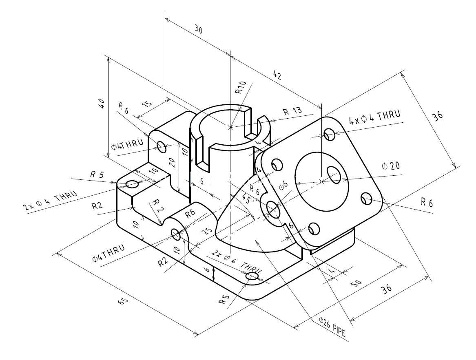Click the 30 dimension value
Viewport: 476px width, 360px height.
coord(198,30)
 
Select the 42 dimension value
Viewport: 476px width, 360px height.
coord(277,75)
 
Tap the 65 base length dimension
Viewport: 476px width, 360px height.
coord(123,301)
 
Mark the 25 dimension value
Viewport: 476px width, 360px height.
coord(207,231)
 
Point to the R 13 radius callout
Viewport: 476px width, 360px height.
coord(292,111)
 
